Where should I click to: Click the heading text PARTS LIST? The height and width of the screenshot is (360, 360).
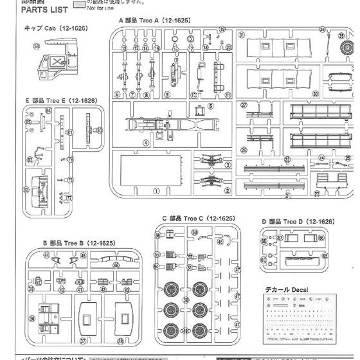pyautogui.click(x=26, y=11)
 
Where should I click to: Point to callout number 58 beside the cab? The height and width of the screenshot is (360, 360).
pyautogui.click(x=36, y=47)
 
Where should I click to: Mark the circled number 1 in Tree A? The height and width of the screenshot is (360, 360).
pyautogui.click(x=156, y=191)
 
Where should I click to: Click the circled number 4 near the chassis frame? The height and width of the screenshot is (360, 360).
pyautogui.click(x=146, y=143)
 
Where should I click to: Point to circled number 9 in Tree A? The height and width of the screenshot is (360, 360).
pyautogui.click(x=166, y=94)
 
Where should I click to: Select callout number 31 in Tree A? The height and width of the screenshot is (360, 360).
pyautogui.click(x=241, y=35)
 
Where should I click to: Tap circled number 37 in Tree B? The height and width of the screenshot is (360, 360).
pyautogui.click(x=82, y=341)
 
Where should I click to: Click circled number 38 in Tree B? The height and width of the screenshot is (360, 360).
pyautogui.click(x=122, y=341)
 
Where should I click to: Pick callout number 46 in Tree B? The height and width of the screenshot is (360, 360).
pyautogui.click(x=116, y=264)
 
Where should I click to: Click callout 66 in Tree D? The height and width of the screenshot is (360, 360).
pyautogui.click(x=320, y=237)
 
